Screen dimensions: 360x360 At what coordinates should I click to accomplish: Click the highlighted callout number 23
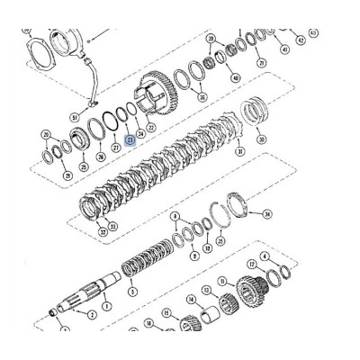click(x=130, y=140)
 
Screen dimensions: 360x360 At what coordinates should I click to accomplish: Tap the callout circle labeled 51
click(x=74, y=116)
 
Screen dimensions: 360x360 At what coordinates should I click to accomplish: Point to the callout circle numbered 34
click(x=266, y=215)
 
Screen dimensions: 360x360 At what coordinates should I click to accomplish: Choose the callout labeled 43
click(x=312, y=33)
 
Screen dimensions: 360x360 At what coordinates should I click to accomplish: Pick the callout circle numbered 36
click(x=202, y=97)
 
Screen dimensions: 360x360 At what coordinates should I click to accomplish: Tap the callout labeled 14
click(x=191, y=300)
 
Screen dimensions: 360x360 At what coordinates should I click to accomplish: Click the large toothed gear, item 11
click(x=262, y=319)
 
